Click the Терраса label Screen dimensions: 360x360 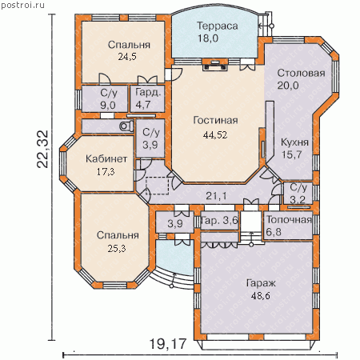coord(218,26)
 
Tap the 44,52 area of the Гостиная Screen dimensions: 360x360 coord(215,134)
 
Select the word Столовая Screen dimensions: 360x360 coord(301,73)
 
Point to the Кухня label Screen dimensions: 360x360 coord(294,142)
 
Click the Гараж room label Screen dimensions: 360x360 coord(261,283)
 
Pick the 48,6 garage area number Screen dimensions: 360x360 coord(261,295)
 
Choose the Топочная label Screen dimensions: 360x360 coord(289,220)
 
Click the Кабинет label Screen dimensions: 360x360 coord(106,159)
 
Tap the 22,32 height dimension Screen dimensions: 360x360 coord(42,149)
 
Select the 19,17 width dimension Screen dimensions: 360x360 coord(167,344)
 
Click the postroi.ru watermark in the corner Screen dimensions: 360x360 coord(22,5)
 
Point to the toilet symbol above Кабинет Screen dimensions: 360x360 coord(126,126)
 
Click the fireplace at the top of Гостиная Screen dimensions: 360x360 coord(215,65)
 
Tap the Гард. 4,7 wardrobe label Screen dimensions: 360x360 coord(148,98)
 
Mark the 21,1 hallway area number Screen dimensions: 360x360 coord(216,196)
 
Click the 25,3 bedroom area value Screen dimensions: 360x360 coord(117,249)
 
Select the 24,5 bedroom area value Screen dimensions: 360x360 coord(127,57)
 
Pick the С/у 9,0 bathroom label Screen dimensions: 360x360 coord(108,98)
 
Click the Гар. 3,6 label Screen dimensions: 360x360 coord(219,221)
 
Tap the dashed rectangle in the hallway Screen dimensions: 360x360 coord(158,186)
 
